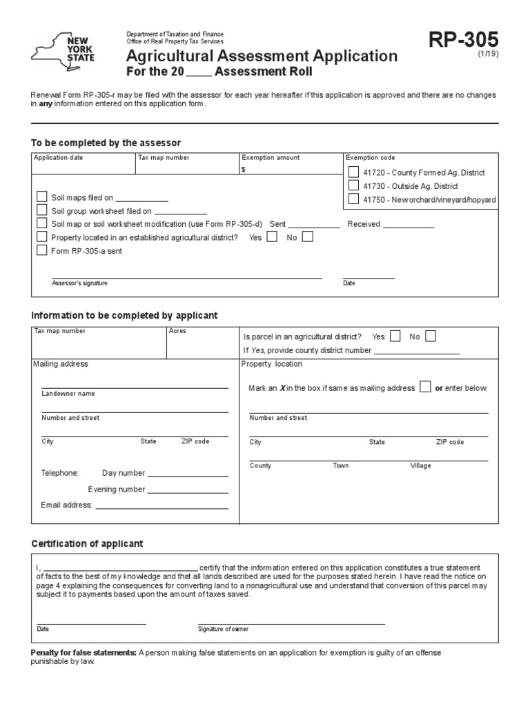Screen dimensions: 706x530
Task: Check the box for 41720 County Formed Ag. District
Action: coord(353,172)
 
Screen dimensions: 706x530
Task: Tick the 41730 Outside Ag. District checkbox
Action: coord(353,186)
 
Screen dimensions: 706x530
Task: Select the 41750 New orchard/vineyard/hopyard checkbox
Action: coord(353,199)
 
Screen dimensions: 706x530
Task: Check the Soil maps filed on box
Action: coord(41,198)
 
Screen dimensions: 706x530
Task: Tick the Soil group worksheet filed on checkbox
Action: coord(41,211)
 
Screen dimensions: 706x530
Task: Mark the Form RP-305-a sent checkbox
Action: coord(41,250)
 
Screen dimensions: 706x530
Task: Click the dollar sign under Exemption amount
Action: coord(244,170)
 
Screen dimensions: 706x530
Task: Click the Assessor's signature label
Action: coord(79,283)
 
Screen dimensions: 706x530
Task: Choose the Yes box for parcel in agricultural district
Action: coord(395,336)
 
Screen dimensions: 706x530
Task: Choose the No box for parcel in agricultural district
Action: coord(431,336)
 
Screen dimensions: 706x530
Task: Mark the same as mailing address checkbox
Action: coord(426,387)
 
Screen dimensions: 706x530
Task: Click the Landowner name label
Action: coord(68,394)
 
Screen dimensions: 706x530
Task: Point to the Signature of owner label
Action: coord(223,629)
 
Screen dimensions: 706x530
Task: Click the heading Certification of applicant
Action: coord(87,544)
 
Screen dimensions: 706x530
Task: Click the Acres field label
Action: coord(177,331)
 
